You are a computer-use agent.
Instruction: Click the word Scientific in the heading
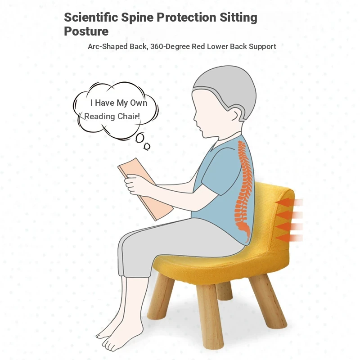tap(91, 18)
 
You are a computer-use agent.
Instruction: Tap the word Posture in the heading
tap(86, 31)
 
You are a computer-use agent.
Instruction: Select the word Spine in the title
tap(137, 18)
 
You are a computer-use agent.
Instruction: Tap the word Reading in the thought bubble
tap(99, 117)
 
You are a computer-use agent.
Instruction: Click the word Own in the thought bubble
tap(139, 103)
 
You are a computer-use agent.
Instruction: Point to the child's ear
tap(236, 114)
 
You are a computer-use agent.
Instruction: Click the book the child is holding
tap(145, 189)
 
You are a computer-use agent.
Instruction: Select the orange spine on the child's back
tap(244, 190)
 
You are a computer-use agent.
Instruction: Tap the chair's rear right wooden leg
tap(268, 301)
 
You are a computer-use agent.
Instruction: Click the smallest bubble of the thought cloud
tap(147, 146)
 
